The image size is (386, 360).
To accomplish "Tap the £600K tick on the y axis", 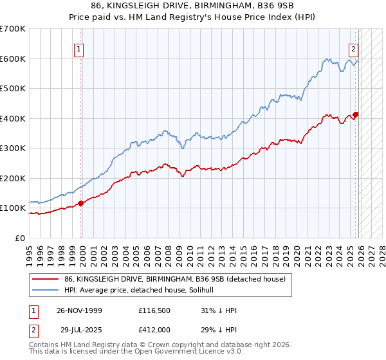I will (x=13, y=59).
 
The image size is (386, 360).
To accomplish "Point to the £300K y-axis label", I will (x=13, y=148).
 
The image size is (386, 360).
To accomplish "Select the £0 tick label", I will (x=19, y=239).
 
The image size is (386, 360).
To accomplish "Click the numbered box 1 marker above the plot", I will (x=78, y=48).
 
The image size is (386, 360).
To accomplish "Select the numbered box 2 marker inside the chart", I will (x=353, y=48).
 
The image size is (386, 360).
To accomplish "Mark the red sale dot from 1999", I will (x=81, y=203).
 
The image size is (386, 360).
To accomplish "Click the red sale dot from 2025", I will (x=356, y=115).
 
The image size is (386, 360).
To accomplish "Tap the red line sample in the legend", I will (x=46, y=278).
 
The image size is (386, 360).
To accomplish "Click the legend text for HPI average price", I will (x=143, y=290).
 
